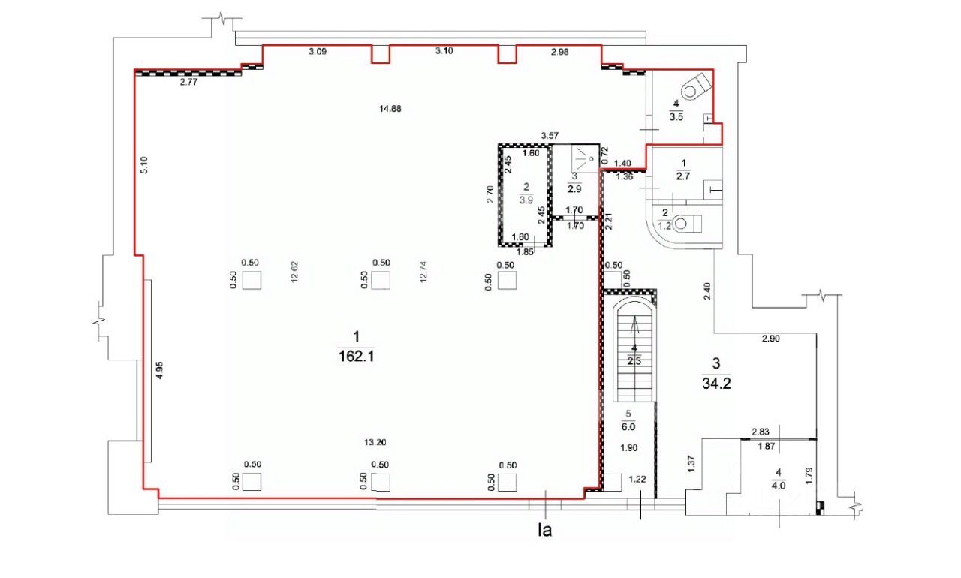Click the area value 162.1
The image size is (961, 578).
pos(357,357)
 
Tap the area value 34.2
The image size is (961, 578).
pos(716,384)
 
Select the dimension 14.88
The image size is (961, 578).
pos(390,109)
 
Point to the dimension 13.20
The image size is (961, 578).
pos(375,442)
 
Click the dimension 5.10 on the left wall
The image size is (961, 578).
pos(144,165)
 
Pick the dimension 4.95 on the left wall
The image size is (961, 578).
pos(159,370)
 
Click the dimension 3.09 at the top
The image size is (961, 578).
pos(318,52)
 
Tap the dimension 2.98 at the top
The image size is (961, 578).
pos(559,52)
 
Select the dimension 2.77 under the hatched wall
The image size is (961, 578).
pos(188,83)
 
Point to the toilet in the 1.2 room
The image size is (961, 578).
pos(687,224)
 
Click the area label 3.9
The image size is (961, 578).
pos(526,200)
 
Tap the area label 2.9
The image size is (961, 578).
pos(574,188)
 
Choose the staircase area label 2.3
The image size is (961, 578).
pos(634,361)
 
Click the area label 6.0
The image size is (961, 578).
pos(628,427)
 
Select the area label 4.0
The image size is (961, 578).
pos(779,486)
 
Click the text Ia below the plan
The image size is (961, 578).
pos(544,531)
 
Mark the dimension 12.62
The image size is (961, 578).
pos(294,272)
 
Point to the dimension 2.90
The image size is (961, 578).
pos(770,339)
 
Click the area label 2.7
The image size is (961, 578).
pos(682,176)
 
